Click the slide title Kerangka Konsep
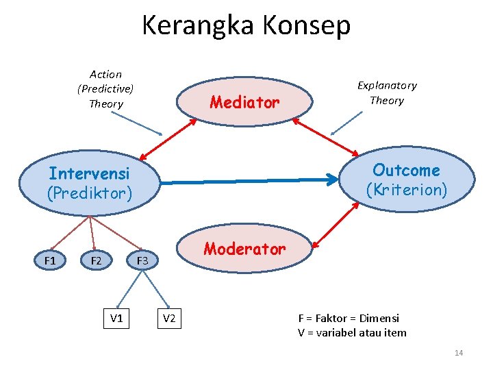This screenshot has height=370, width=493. click(246, 25)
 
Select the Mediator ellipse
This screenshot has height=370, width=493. click(244, 103)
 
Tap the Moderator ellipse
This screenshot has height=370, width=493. click(244, 249)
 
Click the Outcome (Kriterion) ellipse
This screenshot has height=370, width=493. click(406, 180)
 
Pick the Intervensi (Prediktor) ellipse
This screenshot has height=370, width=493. click(89, 183)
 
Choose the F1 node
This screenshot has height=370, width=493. click(50, 261)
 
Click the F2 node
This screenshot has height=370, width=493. click(96, 261)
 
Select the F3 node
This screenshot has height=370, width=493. click(142, 261)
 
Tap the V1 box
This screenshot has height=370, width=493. click(116, 318)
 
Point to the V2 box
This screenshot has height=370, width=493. click(169, 318)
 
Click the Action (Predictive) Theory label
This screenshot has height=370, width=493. click(105, 89)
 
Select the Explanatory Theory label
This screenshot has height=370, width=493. click(387, 92)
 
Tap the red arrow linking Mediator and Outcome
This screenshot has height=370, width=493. click(325, 136)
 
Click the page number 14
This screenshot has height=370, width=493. click(459, 353)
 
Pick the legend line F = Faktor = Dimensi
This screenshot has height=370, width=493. click(349, 318)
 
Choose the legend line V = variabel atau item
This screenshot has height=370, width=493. click(352, 333)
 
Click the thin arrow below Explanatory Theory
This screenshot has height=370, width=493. click(346, 124)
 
